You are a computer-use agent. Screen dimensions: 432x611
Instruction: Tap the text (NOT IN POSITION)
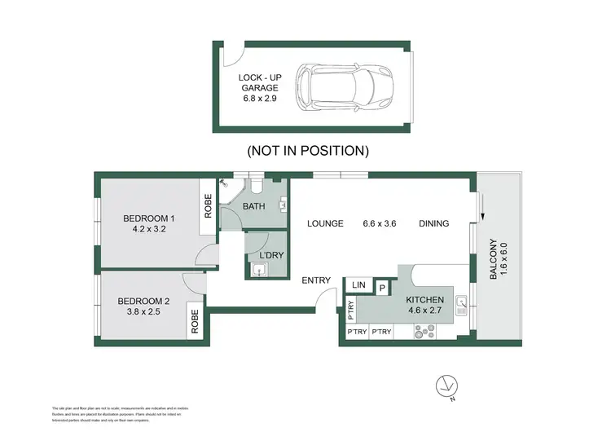(x=308, y=151)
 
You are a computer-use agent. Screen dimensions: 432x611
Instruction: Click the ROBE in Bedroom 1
(x=209, y=209)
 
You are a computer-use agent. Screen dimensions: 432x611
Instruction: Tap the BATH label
(x=254, y=206)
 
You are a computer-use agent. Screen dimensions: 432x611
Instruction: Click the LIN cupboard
(x=358, y=284)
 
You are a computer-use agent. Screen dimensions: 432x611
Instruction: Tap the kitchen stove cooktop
(x=426, y=331)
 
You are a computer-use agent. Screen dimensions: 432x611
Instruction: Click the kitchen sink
(x=462, y=305)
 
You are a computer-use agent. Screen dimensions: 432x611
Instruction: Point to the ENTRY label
(x=316, y=280)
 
